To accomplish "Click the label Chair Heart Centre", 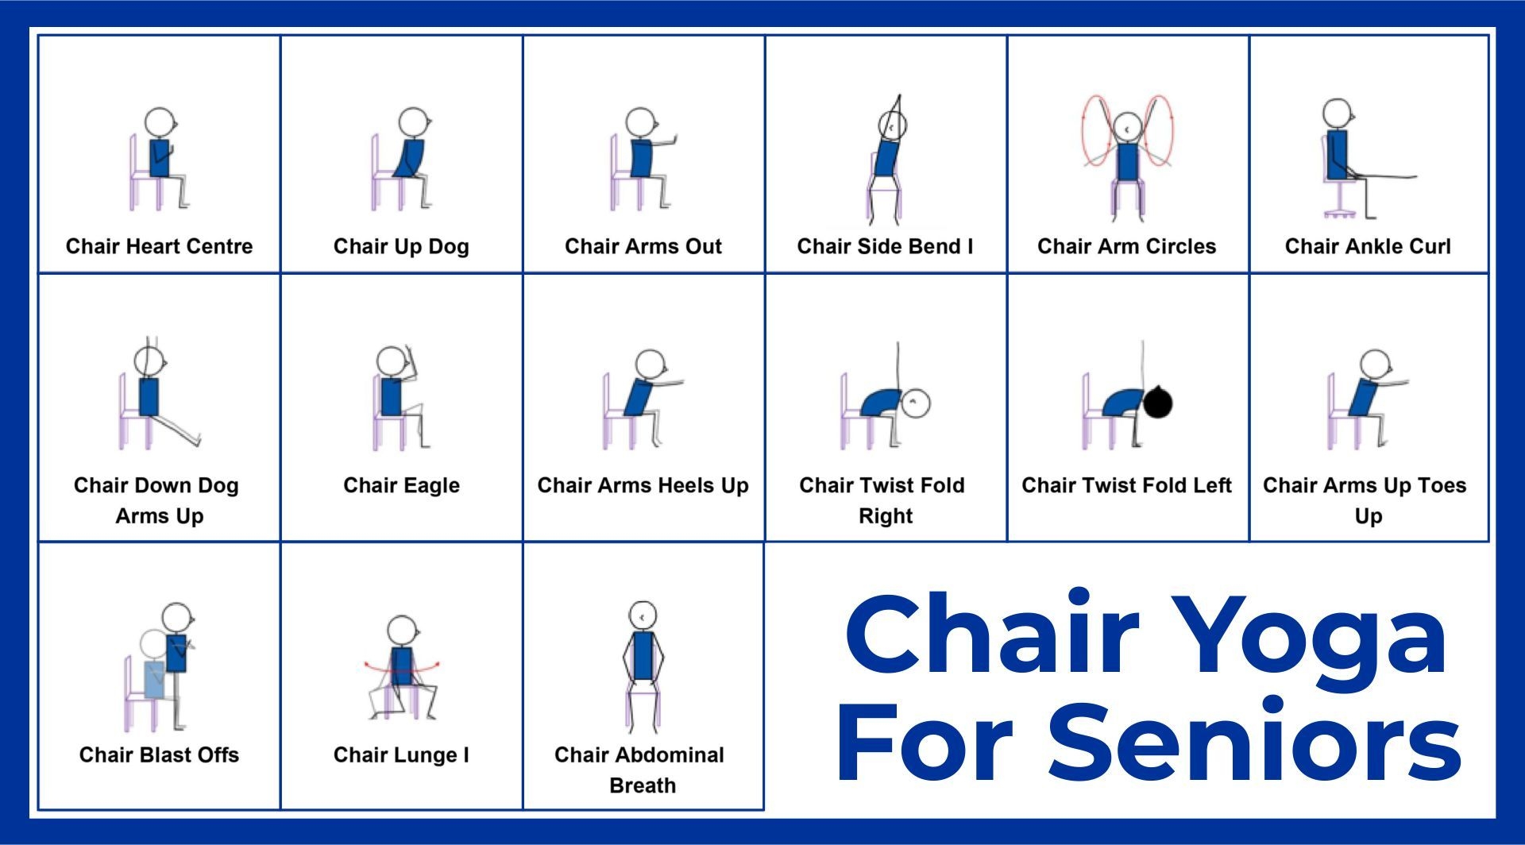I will (159, 246).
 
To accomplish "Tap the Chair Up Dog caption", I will (401, 246).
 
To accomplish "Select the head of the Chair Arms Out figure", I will (639, 122).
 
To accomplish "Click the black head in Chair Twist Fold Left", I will (1157, 402).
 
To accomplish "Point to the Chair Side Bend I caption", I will (885, 246).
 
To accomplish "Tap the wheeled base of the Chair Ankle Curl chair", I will (1339, 212).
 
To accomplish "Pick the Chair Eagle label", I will (401, 485).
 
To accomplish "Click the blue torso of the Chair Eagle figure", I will (391, 397).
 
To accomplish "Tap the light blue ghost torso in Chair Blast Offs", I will (154, 679).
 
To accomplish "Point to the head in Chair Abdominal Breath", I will (642, 615).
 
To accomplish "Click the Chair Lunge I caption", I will (401, 754).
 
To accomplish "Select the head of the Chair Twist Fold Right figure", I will (916, 403).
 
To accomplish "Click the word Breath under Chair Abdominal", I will (643, 785).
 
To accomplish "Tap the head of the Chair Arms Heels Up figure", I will (649, 363).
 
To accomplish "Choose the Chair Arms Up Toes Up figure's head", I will (1374, 364).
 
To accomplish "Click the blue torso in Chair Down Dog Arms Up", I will (149, 397).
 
